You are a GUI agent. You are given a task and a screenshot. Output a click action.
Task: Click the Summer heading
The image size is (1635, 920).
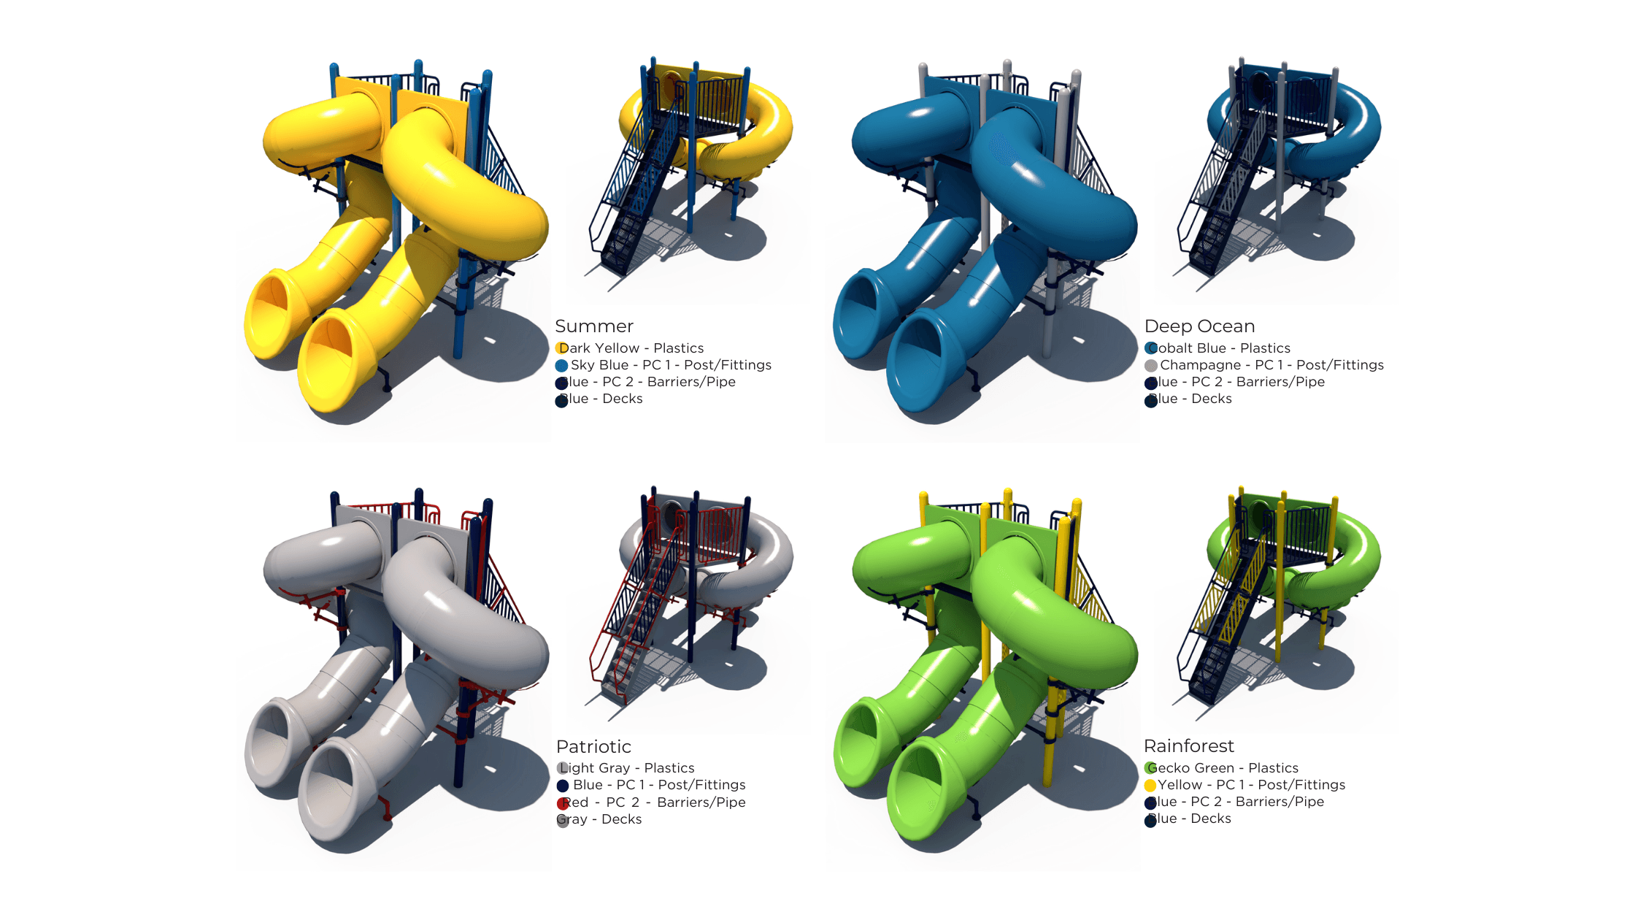click(593, 326)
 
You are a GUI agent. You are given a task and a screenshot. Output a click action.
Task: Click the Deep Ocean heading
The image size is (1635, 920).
click(1199, 326)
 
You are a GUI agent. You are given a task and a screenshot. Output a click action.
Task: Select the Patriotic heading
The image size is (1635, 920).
click(593, 747)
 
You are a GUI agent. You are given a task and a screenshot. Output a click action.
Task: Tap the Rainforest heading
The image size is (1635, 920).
click(1188, 746)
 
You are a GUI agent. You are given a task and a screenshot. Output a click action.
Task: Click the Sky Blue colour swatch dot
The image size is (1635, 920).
click(561, 366)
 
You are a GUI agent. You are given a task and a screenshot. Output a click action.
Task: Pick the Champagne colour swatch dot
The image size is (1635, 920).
click(1151, 366)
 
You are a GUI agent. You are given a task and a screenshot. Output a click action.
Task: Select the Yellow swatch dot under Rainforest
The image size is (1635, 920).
click(1150, 786)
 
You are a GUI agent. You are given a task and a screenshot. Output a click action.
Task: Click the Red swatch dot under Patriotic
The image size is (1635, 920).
click(563, 803)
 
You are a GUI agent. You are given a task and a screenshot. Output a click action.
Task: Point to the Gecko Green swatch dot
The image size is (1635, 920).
click(1151, 768)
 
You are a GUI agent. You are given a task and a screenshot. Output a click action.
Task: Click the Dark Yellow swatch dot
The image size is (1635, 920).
click(561, 348)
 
